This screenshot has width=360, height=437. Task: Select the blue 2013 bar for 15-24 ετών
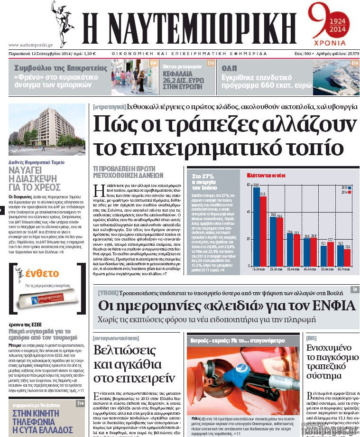(256, 225)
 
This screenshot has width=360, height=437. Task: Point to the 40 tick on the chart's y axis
(248, 212)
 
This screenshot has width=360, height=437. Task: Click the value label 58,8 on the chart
(256, 185)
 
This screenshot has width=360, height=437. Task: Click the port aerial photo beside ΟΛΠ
(336, 77)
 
